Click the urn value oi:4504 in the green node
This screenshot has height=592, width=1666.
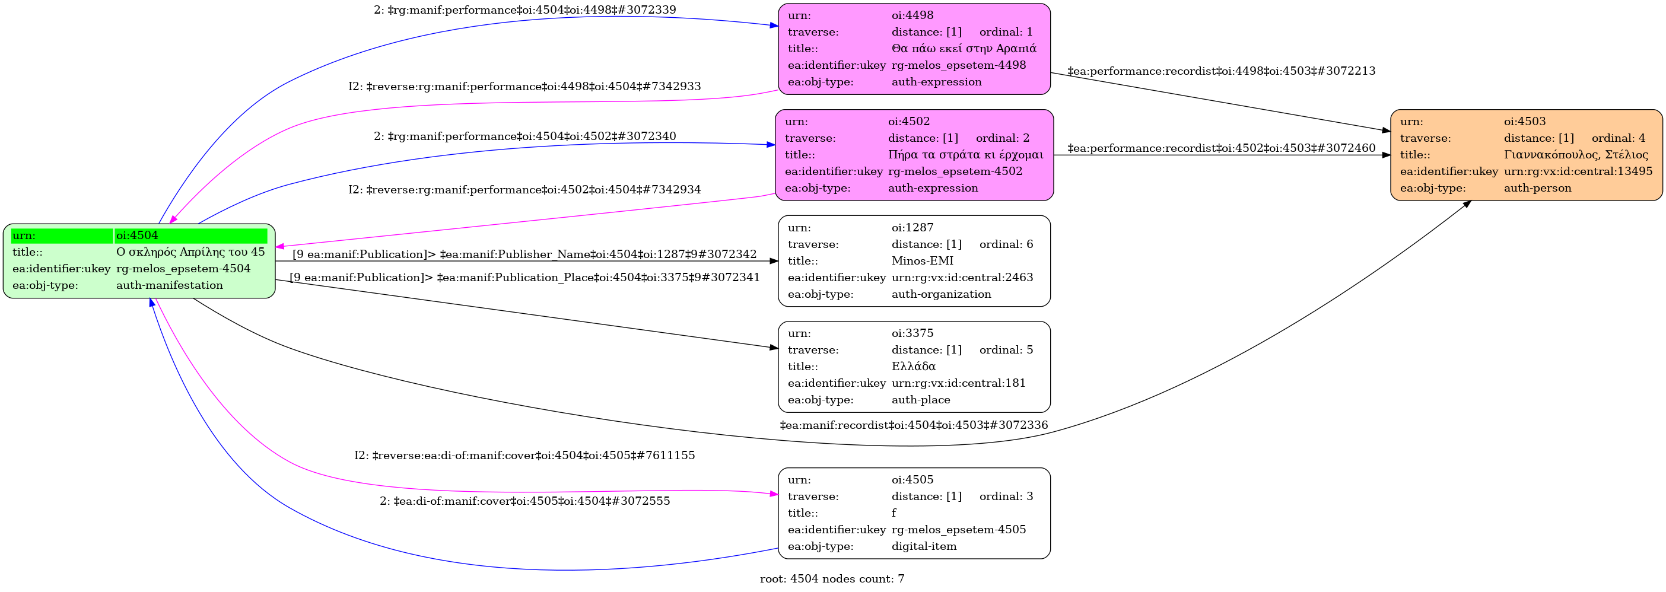pos(137,235)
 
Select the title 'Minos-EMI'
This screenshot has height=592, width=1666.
pos(922,260)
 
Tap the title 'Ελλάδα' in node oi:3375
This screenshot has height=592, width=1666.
pos(913,367)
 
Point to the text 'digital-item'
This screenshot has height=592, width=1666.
pos(924,546)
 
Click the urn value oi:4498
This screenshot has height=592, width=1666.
pos(913,15)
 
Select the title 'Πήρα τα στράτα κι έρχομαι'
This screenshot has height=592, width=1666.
pos(965,154)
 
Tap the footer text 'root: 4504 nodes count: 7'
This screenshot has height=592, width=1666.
pos(832,579)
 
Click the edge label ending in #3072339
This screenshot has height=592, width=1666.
pos(524,9)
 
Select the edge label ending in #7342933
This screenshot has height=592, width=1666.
pos(524,86)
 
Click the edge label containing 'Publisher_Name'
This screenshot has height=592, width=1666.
pos(524,254)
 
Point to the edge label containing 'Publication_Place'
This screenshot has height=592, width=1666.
pos(524,277)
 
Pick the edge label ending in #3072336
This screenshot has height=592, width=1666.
pos(914,425)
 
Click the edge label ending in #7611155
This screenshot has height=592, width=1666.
pos(524,455)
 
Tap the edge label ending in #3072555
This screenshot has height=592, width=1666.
pos(524,501)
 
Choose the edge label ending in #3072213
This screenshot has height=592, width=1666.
pos(1221,71)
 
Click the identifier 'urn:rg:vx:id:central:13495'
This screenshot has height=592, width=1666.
pos(1578,171)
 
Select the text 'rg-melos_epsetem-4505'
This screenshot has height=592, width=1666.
pos(958,529)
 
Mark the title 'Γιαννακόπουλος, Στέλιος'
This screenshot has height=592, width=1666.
pos(1576,154)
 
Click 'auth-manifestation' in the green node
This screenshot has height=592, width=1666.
pos(170,285)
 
